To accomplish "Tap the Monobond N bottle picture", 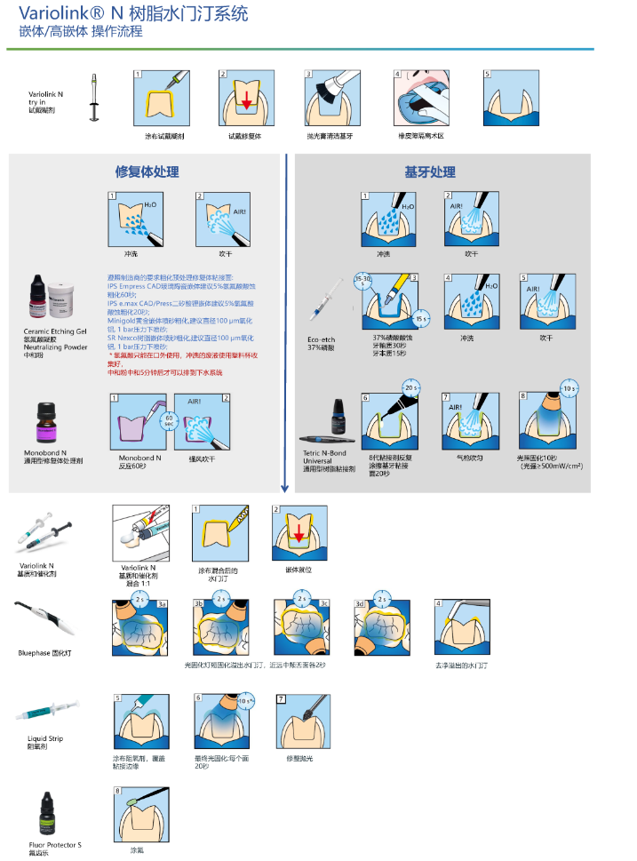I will (48, 420).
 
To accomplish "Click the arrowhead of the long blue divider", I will (284, 488).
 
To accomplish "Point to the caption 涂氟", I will (135, 850).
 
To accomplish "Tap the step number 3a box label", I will (162, 604).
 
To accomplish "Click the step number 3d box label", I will (360, 604).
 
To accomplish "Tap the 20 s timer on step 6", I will (410, 388).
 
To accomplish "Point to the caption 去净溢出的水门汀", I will (461, 665).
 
